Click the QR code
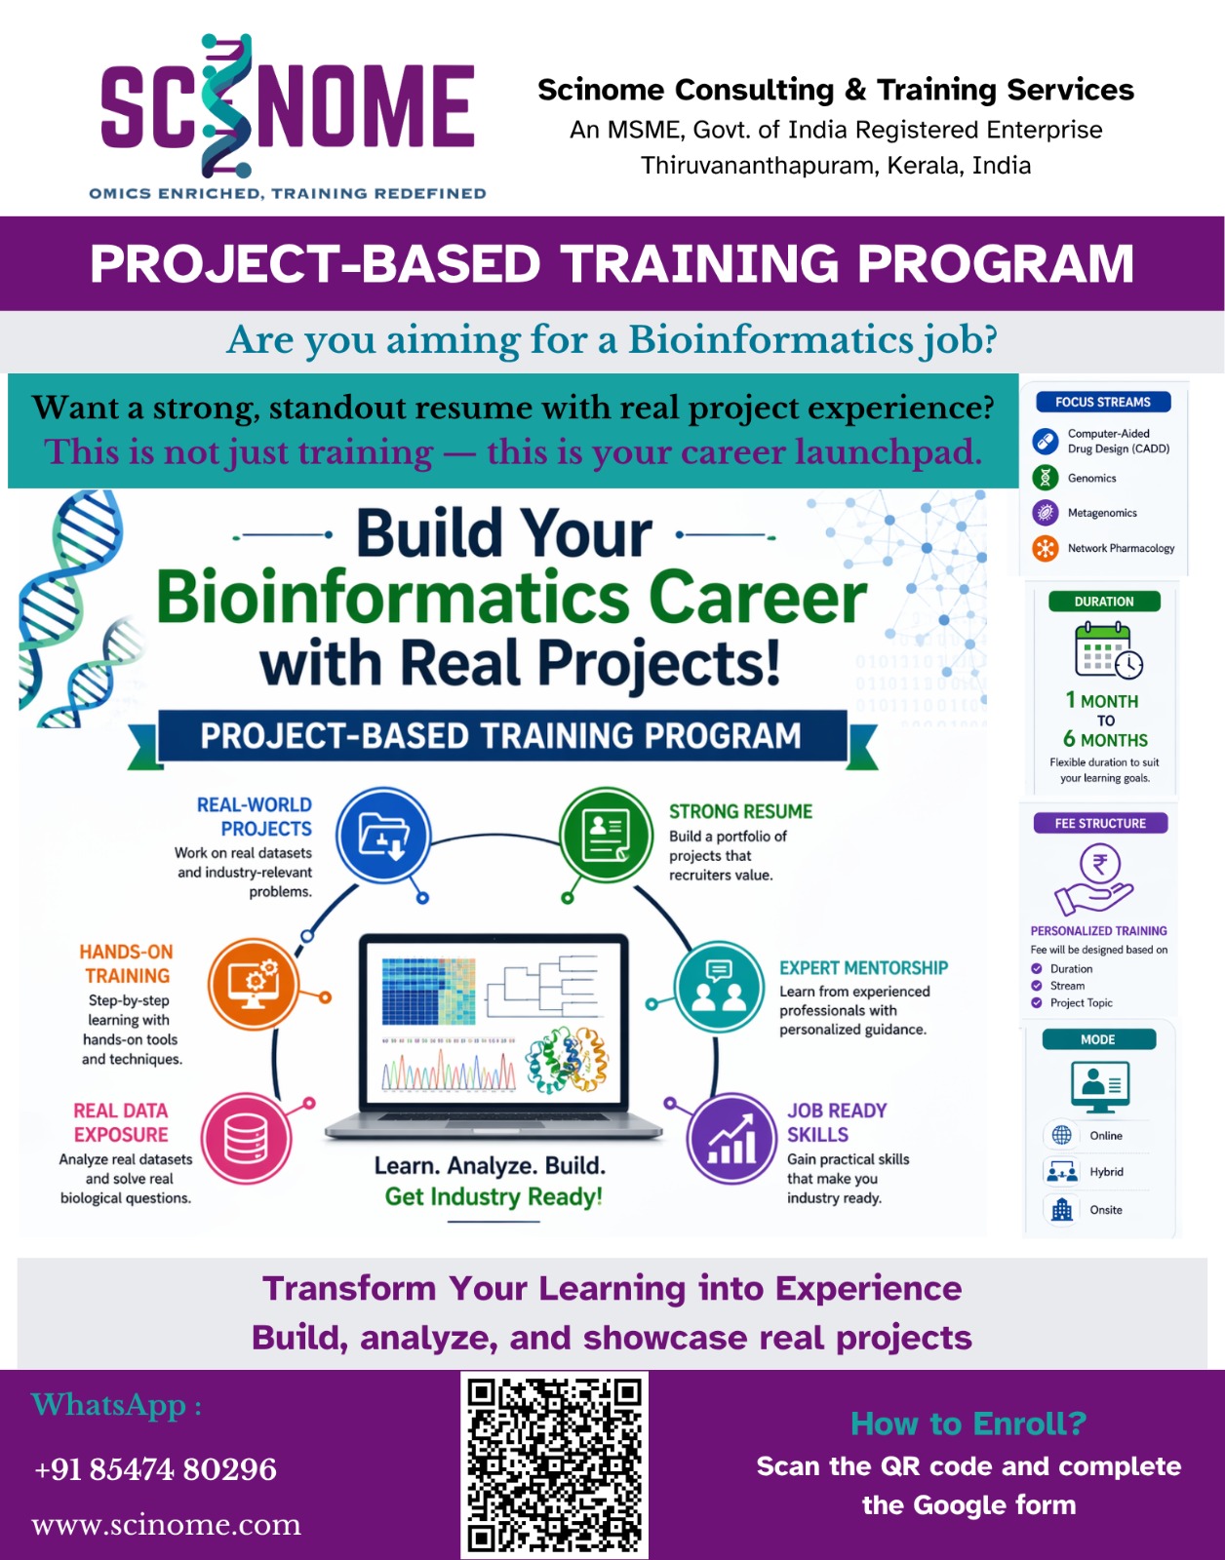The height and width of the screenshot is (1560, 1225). tap(554, 1464)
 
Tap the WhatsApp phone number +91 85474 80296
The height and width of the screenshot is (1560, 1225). tap(155, 1468)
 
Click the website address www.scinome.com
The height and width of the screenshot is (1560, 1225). tap(166, 1524)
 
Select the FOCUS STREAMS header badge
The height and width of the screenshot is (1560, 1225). tap(1103, 402)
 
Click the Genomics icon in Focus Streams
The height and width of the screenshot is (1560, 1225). tap(1046, 478)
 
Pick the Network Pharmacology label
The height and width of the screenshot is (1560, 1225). tap(1121, 548)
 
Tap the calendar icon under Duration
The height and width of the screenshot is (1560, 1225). tap(1108, 649)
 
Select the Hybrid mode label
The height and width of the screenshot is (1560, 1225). tap(1106, 1172)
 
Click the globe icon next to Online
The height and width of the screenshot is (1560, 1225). tap(1061, 1135)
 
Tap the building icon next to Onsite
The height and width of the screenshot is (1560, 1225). tap(1061, 1210)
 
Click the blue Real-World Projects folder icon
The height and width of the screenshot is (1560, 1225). tap(384, 836)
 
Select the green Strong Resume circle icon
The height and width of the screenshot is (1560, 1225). tap(606, 835)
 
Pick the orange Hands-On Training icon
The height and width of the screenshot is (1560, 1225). tap(253, 984)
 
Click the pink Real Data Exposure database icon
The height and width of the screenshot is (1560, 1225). tap(247, 1139)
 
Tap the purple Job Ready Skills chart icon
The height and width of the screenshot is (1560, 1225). tap(731, 1139)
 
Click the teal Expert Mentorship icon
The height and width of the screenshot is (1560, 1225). tap(719, 987)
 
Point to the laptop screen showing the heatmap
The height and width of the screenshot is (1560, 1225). tap(494, 1024)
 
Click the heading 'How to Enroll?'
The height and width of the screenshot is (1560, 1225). tap(968, 1423)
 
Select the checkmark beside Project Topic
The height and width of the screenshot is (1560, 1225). tap(1036, 1003)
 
